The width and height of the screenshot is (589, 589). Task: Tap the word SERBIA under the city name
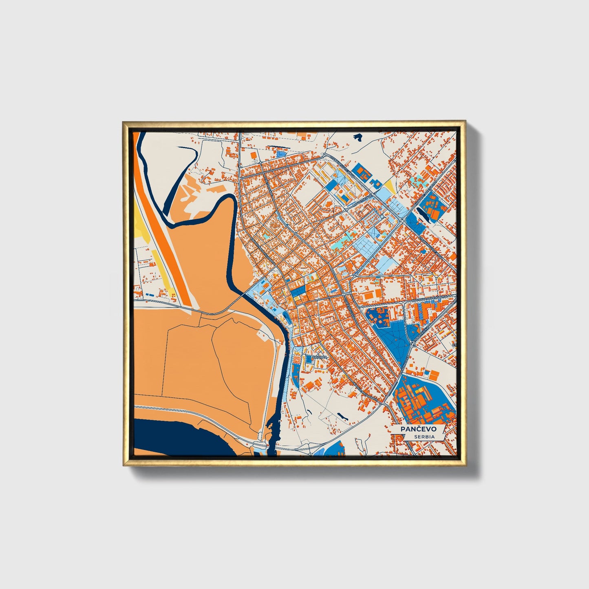[x=424, y=437]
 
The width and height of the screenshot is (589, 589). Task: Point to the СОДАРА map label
[x=319, y=357]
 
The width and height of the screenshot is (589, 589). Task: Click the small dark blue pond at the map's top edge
[x=358, y=138]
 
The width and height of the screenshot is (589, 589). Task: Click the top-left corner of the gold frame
[x=124, y=121]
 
